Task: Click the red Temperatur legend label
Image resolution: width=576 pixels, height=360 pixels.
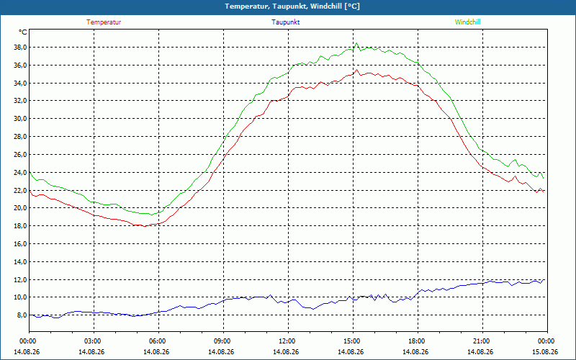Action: [104, 22]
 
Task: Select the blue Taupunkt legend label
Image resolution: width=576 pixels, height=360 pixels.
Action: [285, 22]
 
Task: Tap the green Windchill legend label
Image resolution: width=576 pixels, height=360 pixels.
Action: [467, 22]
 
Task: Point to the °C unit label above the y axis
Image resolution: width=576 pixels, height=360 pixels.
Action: [22, 32]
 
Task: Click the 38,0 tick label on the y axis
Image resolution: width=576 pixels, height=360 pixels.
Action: [20, 47]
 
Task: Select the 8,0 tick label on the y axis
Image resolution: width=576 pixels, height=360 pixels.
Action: [22, 315]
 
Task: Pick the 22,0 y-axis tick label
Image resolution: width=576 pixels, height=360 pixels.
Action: [20, 190]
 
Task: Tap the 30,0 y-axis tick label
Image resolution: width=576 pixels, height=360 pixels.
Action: [20, 119]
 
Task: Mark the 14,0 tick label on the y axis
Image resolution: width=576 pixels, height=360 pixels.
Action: [20, 262]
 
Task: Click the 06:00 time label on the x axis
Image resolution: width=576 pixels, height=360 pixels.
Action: [159, 341]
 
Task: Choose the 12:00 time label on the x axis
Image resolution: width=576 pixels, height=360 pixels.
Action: [289, 341]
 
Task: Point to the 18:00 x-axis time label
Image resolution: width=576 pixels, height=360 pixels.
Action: [418, 341]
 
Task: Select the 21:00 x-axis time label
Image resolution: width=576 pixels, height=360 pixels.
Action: [482, 341]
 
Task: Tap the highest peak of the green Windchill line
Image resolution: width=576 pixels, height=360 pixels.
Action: [356, 42]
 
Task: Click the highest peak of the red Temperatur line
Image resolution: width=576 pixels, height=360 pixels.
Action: [356, 69]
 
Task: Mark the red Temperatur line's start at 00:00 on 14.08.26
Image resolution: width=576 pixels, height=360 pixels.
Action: [30, 191]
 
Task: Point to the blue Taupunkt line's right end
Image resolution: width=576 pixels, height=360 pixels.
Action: [544, 280]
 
